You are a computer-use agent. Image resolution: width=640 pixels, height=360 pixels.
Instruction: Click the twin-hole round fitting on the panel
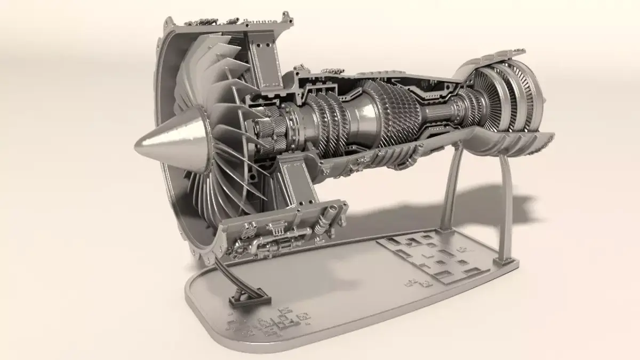click(249, 233)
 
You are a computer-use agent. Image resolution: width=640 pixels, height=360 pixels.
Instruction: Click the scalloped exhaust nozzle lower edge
click(512, 147)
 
